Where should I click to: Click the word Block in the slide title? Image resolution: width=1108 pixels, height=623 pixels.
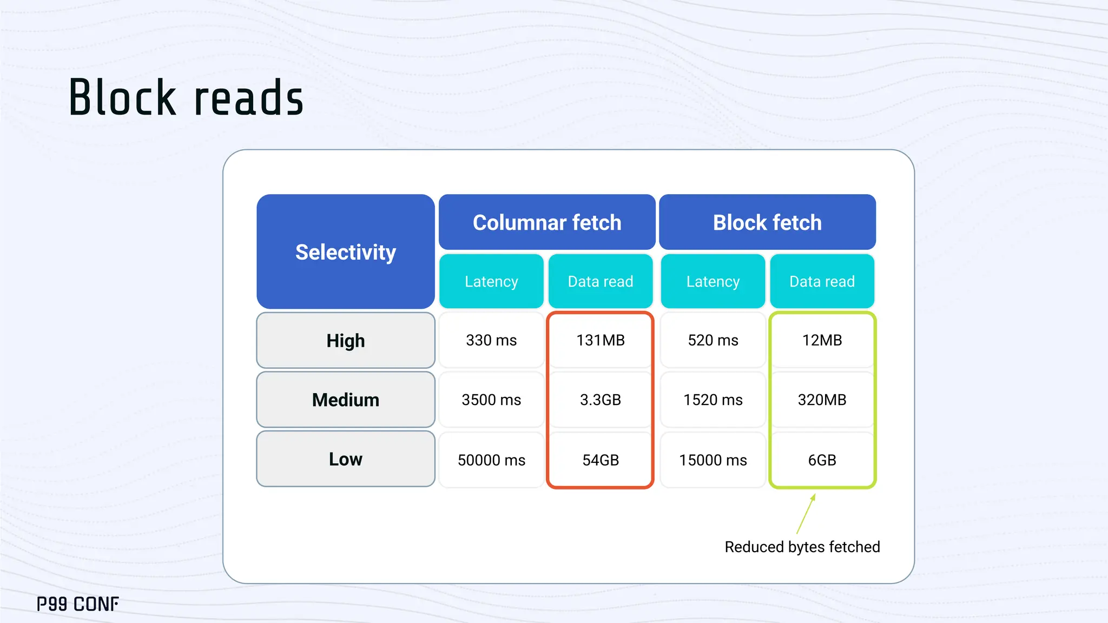(x=123, y=98)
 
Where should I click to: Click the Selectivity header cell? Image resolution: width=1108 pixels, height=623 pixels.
(x=346, y=252)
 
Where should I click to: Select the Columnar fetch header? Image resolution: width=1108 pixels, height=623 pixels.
(x=547, y=222)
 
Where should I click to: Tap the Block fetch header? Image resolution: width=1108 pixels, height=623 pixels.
(x=767, y=222)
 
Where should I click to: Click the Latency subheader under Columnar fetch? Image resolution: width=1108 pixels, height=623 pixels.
(x=491, y=281)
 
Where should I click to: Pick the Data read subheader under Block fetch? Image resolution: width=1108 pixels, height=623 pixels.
(x=822, y=281)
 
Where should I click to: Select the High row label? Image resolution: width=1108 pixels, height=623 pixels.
(x=346, y=341)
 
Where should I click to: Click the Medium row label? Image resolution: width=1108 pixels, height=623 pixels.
(x=346, y=400)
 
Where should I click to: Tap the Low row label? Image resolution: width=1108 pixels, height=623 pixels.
(x=346, y=459)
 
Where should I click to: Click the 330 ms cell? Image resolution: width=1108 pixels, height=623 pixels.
(x=491, y=340)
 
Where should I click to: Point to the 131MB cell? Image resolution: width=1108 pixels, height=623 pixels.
(x=601, y=340)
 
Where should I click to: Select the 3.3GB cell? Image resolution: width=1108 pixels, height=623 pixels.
(x=601, y=400)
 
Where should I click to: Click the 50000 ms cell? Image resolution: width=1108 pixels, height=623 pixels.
(x=491, y=460)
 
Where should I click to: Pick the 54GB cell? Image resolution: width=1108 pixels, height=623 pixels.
(x=601, y=460)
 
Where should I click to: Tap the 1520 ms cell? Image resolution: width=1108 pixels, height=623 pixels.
(x=713, y=400)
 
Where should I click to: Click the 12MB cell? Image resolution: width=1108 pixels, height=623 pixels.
(x=822, y=340)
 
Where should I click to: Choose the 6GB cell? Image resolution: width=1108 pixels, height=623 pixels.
(x=822, y=460)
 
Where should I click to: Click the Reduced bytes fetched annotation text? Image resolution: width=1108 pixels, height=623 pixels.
(x=802, y=547)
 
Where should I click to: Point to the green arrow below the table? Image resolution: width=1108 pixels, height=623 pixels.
(x=806, y=514)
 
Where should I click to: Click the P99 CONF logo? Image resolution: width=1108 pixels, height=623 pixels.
(x=78, y=604)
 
